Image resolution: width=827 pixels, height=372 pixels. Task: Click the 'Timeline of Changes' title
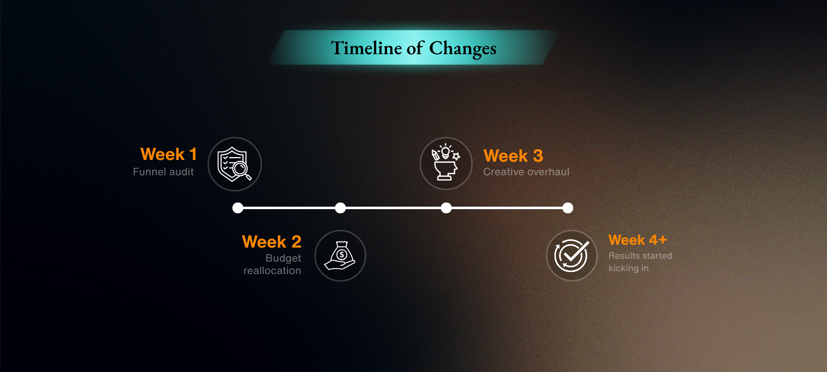coord(413,48)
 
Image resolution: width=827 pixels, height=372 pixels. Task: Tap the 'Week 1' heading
coord(169,154)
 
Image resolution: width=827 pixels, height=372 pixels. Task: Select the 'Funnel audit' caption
coord(163,172)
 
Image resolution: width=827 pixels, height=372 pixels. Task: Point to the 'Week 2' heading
coord(272,242)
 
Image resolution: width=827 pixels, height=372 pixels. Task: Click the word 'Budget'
coord(283,258)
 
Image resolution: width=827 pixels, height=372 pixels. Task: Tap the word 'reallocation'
coord(272,271)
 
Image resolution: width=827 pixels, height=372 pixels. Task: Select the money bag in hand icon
coord(340,255)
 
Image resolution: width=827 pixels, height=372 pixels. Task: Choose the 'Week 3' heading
coord(513,156)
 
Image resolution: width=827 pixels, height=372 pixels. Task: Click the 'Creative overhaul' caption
coord(526,172)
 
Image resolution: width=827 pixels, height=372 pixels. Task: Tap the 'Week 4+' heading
coord(638,240)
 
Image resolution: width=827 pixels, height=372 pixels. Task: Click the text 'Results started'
coord(641,256)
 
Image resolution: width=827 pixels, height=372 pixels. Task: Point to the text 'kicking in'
coord(629,268)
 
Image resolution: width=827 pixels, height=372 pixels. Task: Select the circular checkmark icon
coord(572,255)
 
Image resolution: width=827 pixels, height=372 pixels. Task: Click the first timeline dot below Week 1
coord(238,208)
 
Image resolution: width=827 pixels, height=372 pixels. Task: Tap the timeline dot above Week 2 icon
coord(340,208)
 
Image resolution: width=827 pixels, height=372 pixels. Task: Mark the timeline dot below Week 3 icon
coord(446,208)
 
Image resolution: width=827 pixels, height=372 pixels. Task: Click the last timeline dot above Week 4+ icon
coord(568,208)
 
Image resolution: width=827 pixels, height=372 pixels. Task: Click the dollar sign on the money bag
coord(342,255)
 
